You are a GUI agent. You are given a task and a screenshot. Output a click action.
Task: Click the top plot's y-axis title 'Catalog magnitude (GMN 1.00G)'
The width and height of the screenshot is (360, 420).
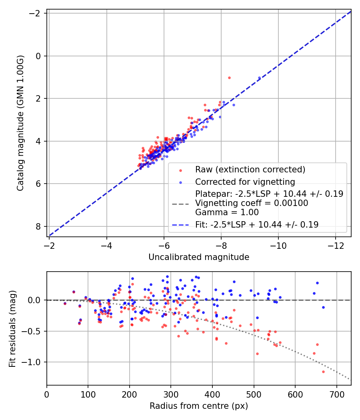(20, 123)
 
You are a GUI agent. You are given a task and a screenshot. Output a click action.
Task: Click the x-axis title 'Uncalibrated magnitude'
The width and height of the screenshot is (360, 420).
(199, 257)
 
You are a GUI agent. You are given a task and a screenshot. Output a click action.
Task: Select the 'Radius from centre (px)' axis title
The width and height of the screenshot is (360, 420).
(199, 406)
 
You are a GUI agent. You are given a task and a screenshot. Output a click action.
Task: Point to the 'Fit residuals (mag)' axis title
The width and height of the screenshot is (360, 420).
(12, 328)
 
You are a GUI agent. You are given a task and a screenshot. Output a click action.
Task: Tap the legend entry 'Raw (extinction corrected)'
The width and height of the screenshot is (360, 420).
(250, 170)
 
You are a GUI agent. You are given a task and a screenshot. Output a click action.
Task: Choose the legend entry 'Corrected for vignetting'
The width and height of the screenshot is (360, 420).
(245, 182)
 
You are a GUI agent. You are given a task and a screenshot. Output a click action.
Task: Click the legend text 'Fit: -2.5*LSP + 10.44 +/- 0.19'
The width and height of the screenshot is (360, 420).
(257, 225)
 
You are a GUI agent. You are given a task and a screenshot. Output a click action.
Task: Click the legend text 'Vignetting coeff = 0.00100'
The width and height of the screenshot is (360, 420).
(252, 203)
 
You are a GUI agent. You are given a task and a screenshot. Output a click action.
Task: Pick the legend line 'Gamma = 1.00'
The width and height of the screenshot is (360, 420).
(227, 212)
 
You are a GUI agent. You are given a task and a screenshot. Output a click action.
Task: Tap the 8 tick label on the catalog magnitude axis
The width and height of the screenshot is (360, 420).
(39, 226)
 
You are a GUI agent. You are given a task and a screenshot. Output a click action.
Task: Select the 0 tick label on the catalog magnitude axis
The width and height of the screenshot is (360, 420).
(39, 56)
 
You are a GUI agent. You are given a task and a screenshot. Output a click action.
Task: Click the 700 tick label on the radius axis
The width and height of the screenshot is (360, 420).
(336, 393)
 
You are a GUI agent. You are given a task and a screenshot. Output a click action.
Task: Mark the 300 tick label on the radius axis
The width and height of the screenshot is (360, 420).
(171, 393)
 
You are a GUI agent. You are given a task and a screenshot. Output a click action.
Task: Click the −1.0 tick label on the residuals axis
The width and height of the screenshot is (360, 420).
(33, 362)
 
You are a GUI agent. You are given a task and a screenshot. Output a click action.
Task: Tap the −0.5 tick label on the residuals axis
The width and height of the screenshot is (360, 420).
(33, 331)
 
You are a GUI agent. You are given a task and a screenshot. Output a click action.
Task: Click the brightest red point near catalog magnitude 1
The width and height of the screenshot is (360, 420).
(229, 78)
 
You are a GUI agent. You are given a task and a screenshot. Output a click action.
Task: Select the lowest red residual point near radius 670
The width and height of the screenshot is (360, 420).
(323, 372)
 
